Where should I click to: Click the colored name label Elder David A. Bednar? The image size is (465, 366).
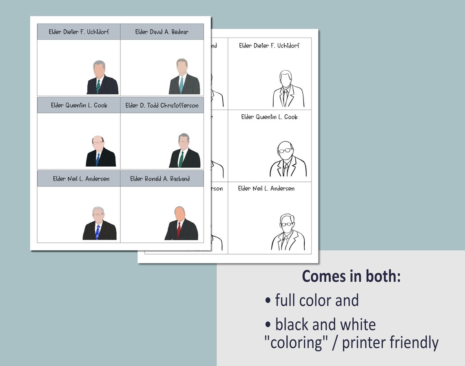click(x=162, y=32)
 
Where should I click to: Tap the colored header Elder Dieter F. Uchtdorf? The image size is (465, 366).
click(x=79, y=32)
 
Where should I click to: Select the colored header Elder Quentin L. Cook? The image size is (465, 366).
click(x=79, y=105)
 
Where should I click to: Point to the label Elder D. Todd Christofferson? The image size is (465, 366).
click(x=162, y=105)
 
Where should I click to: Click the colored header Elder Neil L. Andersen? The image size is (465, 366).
click(x=81, y=179)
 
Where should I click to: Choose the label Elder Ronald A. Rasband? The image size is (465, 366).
click(x=160, y=179)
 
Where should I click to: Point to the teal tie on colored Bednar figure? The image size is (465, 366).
click(x=181, y=84)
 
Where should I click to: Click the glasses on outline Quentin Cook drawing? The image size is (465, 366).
click(x=285, y=150)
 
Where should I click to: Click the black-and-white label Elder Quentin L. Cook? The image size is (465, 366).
click(x=269, y=117)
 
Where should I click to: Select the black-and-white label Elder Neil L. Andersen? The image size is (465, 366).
click(x=266, y=189)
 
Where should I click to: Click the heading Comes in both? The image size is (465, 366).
click(x=351, y=276)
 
